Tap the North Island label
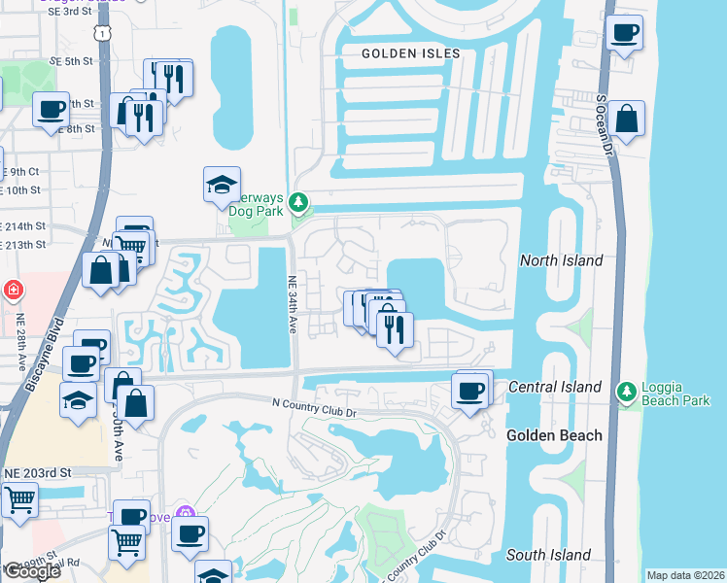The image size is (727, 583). pos(561,260)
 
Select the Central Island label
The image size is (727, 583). pos(554,388)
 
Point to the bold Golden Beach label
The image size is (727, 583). pos(553,435)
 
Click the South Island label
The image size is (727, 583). pos(548,555)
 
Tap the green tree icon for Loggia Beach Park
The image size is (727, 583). pos(627,391)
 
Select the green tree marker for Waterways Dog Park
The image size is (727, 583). pos(300,202)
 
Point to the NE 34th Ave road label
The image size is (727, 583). pos(292,305)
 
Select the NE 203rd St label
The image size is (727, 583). pos(38,472)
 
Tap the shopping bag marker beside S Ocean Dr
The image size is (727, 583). pos(627,120)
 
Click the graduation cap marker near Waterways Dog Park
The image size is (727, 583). pos(222,184)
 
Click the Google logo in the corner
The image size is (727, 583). pos(31,571)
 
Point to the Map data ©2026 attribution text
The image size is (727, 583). pos(685,575)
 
